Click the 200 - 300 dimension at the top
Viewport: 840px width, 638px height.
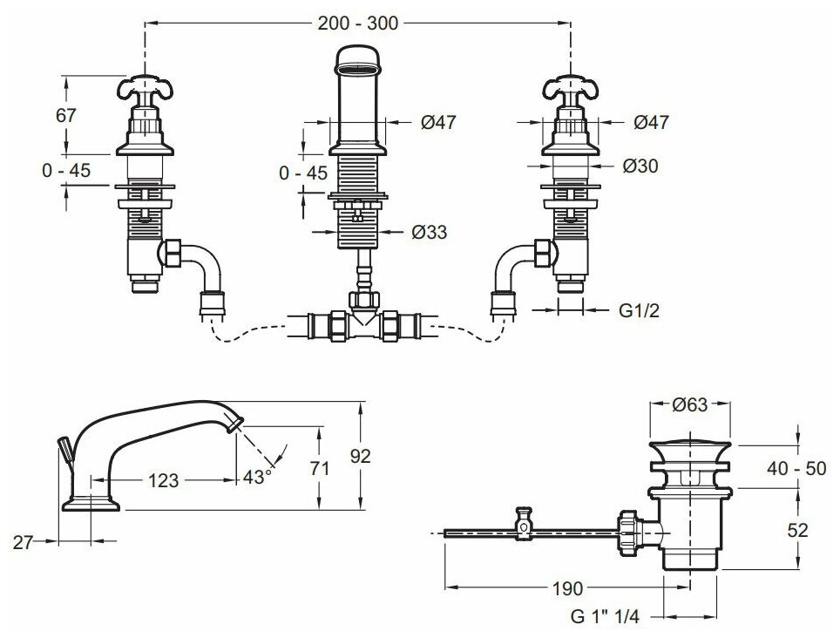point(359,24)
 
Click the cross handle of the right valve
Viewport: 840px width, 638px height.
point(570,89)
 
